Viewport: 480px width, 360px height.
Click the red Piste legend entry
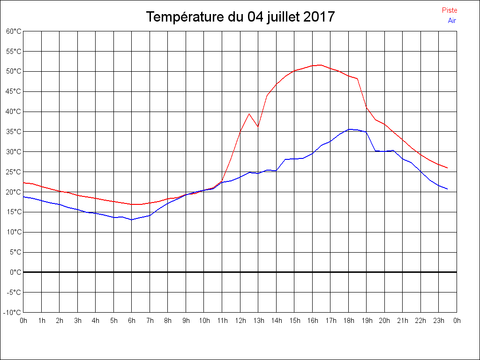point(450,10)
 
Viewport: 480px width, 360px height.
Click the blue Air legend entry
point(452,20)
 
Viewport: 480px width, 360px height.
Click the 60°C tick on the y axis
point(14,31)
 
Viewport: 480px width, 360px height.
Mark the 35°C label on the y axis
point(14,132)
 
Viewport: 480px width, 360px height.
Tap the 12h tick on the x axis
point(240,321)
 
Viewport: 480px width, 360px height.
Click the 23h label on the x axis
point(439,321)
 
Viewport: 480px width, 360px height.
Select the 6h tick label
point(132,321)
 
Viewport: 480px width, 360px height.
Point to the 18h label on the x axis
point(348,321)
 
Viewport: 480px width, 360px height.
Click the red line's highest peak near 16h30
point(321,65)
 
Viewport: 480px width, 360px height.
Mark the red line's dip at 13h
point(258,127)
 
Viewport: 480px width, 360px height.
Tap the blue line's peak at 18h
point(348,129)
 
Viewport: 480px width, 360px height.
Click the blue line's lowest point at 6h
point(132,219)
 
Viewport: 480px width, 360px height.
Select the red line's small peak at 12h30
point(249,113)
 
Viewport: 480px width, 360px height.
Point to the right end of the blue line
point(448,189)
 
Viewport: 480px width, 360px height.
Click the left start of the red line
point(23,183)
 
